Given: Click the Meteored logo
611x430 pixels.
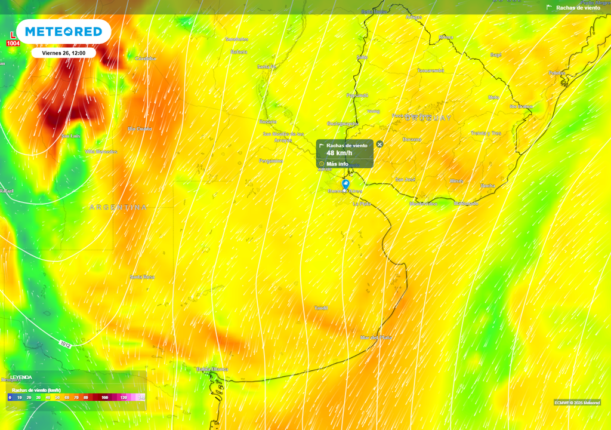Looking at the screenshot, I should pos(63,32).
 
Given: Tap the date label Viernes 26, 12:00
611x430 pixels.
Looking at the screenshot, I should pos(63,53).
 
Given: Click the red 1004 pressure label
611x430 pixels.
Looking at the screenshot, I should pos(13,43).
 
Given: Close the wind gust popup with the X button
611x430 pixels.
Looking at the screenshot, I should pos(380,144).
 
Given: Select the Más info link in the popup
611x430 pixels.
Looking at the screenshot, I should pos(337,164).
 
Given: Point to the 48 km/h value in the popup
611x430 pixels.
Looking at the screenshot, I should pos(340,153).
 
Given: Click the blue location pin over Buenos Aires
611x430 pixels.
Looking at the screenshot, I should pos(345,184).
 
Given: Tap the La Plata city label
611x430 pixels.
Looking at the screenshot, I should pos(362,204).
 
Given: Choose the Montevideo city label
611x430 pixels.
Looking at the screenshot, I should pos(423,204).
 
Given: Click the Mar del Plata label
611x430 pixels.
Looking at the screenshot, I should pos(376,337).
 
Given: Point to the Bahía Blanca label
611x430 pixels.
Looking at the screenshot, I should pos(212,369).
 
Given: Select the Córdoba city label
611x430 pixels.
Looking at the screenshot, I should pos(146,59).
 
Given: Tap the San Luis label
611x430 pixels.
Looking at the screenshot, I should pos(71,136).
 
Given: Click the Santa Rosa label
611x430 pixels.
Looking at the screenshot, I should pos(142,277).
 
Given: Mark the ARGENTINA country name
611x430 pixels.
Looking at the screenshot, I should pos(118,207).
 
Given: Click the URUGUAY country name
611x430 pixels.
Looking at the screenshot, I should pos(428,118).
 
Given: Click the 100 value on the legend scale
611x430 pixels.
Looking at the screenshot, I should pos(105,397).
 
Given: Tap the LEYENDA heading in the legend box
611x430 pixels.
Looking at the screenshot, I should pos(21,377).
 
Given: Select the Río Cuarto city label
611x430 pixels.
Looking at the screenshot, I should pos(140,129).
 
